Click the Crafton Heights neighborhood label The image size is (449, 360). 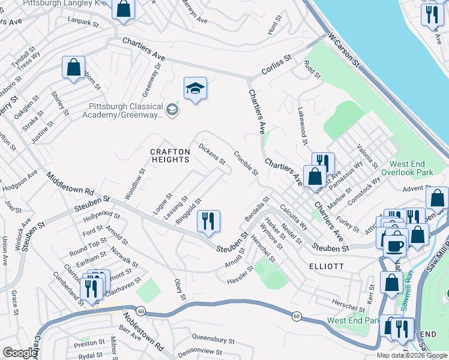170,156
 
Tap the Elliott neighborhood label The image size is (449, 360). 327,266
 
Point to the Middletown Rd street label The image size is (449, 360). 70,184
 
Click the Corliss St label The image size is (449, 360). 276,65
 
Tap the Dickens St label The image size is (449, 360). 211,153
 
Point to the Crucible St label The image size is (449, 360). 246,163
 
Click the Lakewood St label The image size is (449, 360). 303,126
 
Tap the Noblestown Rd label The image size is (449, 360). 142,331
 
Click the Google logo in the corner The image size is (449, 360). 20,353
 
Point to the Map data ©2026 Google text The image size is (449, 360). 412,355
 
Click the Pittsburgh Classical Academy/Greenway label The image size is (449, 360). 122,110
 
